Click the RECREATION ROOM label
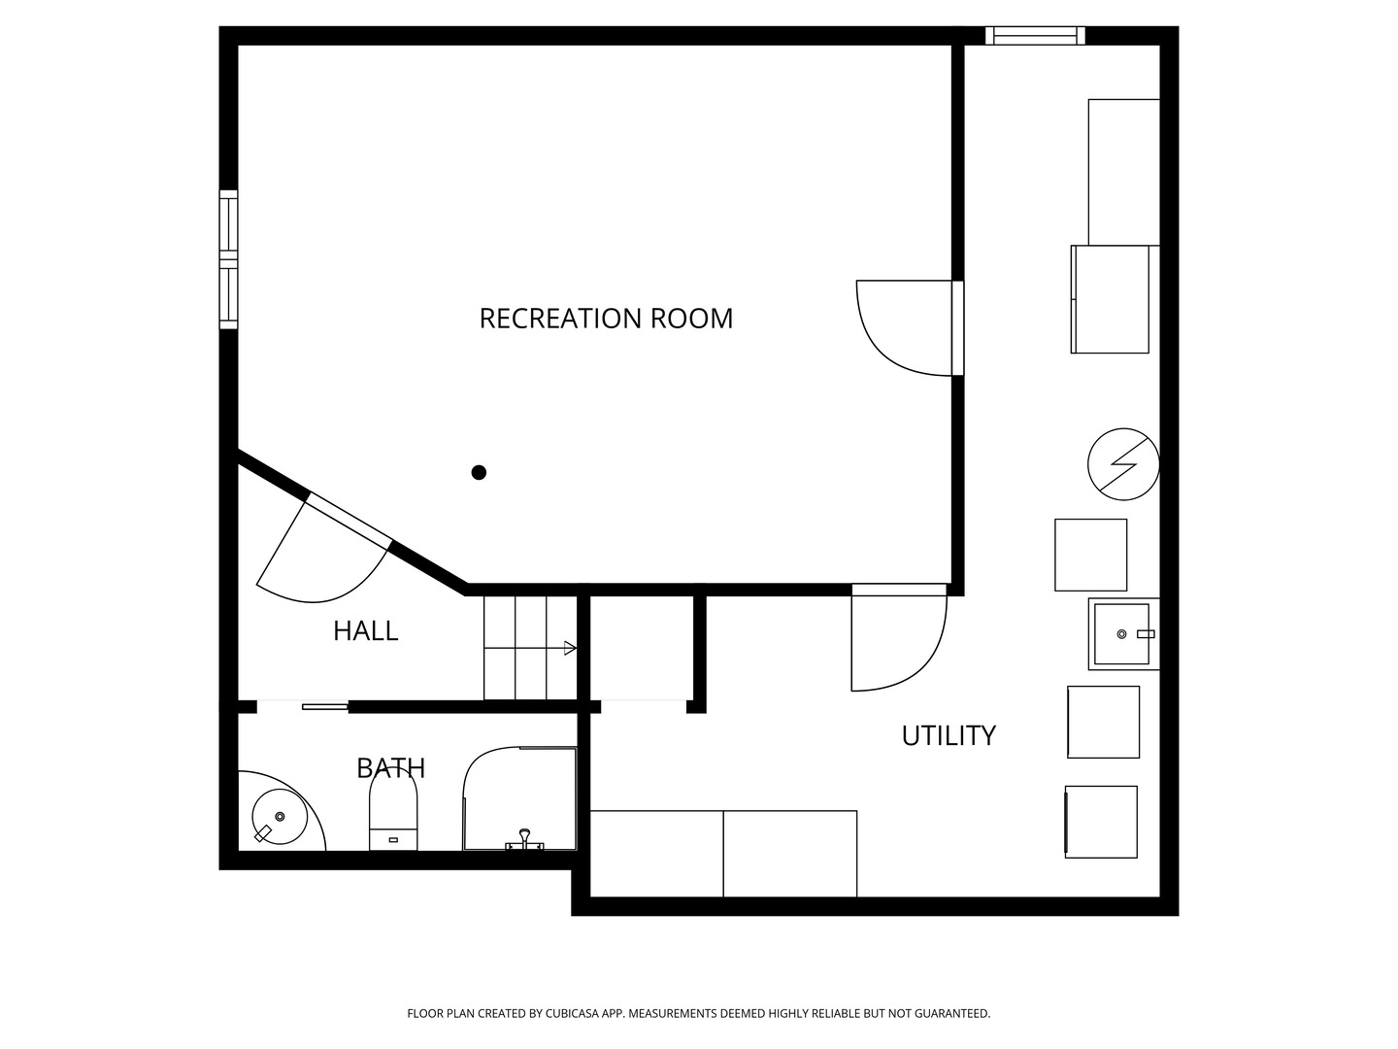[x=606, y=319]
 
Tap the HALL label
[x=365, y=631]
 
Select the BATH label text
[x=390, y=768]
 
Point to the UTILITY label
[x=949, y=736]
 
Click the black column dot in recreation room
[x=479, y=473]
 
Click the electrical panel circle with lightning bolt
[x=1123, y=464]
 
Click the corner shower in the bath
[x=519, y=798]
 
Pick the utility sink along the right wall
[x=1122, y=634]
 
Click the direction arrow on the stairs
[x=569, y=648]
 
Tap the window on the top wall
[x=1035, y=36]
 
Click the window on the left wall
[x=228, y=258]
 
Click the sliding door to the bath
[x=324, y=706]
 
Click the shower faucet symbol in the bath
[x=524, y=840]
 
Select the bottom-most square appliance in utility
[x=1101, y=822]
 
